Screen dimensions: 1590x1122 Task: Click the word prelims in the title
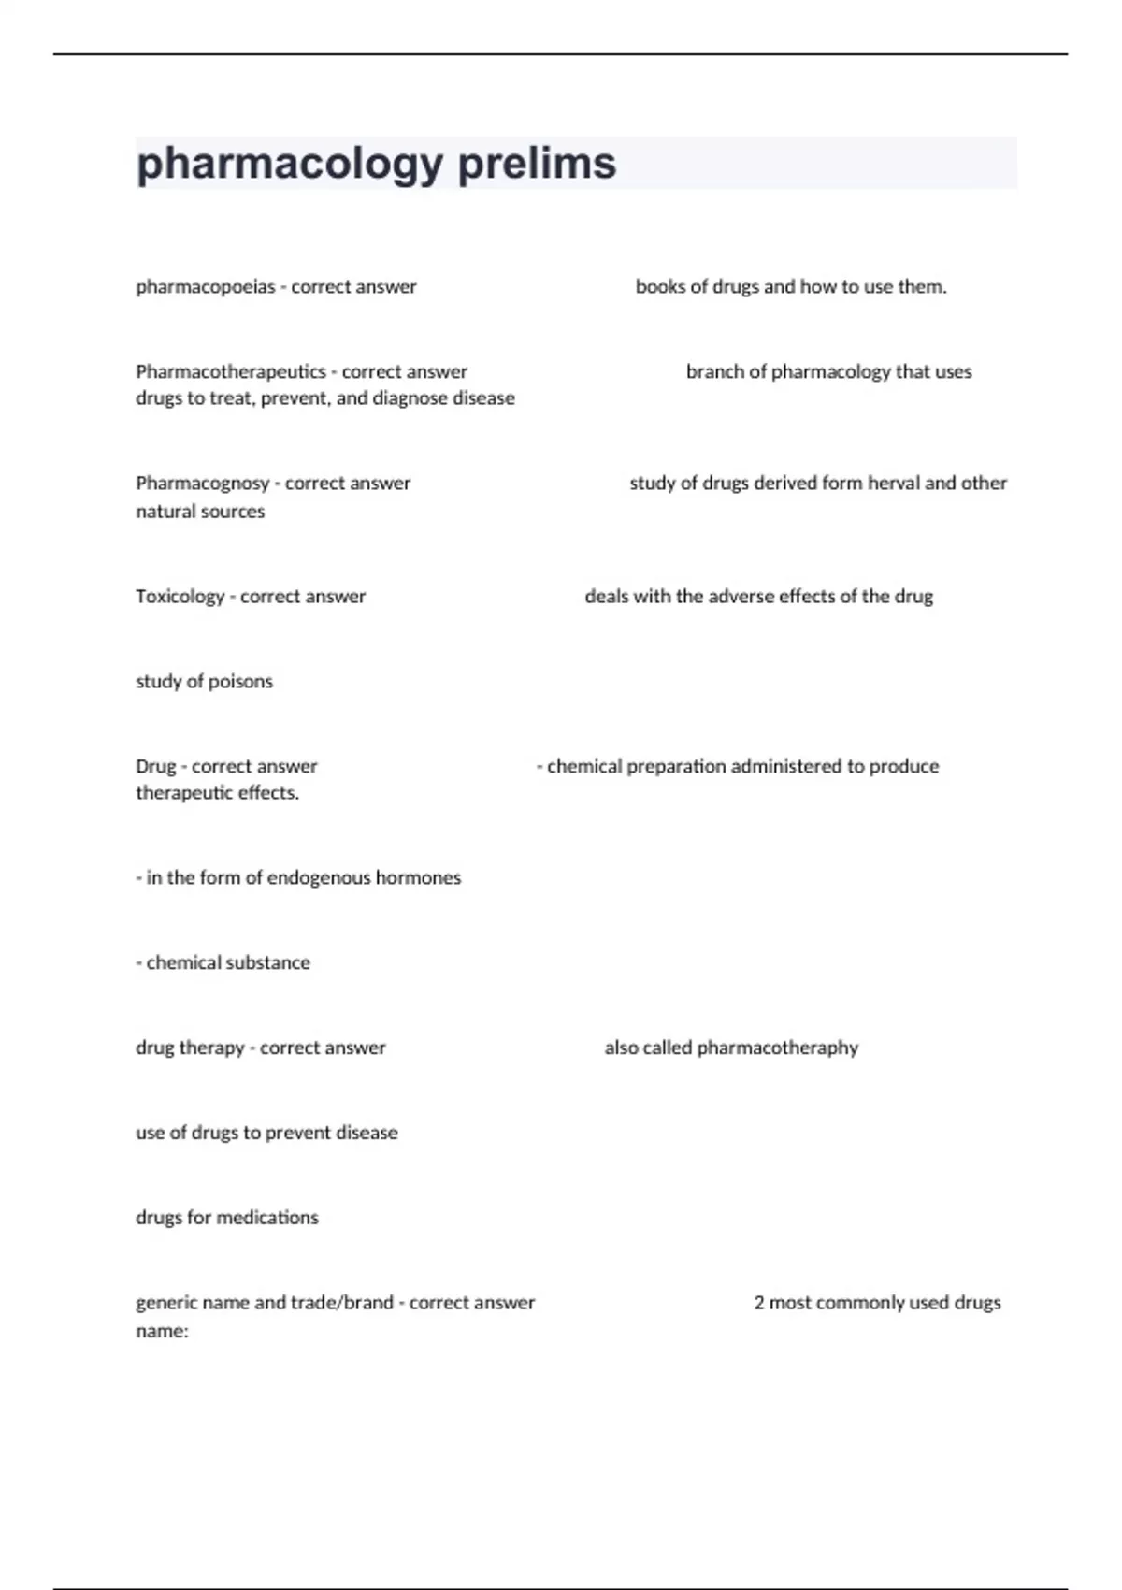tap(537, 164)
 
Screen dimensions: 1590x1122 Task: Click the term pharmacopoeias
tap(206, 287)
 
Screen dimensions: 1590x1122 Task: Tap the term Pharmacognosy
tap(202, 484)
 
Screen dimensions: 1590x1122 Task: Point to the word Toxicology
tap(180, 597)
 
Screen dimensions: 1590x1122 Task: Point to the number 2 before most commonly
tap(759, 1303)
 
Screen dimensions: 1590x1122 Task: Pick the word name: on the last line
tap(162, 1331)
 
